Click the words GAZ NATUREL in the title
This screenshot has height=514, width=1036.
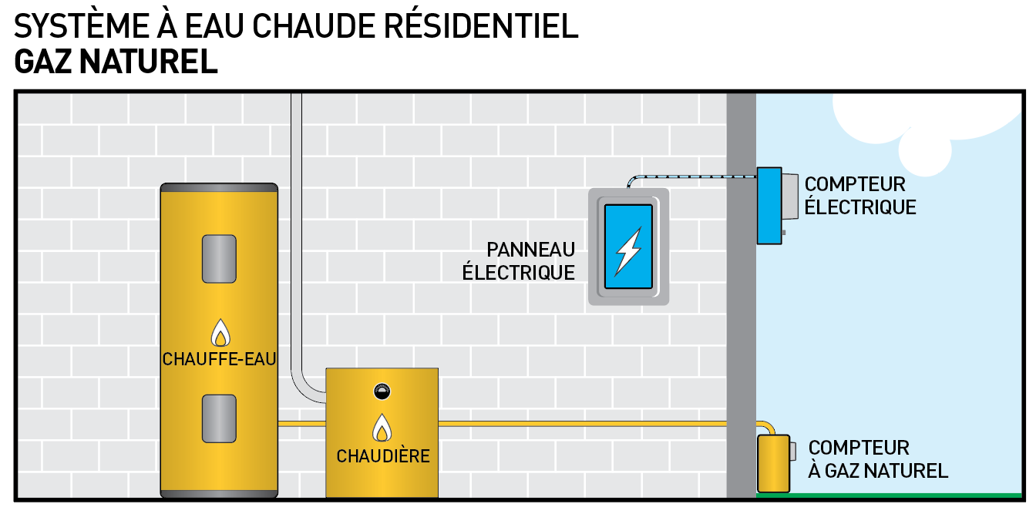(x=116, y=62)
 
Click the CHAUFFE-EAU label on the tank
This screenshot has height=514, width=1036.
(x=219, y=359)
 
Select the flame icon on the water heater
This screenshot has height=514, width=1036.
(x=220, y=334)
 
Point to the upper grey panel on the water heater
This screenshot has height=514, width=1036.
(x=219, y=259)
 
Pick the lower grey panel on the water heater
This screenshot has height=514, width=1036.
(x=219, y=418)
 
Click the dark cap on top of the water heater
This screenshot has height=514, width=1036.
(x=219, y=187)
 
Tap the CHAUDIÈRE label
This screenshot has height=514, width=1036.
(x=382, y=456)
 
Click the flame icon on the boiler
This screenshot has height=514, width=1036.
(x=382, y=428)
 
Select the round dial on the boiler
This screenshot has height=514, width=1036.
(x=382, y=390)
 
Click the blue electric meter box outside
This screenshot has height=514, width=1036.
(x=769, y=206)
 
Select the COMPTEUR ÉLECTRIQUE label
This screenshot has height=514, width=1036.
(x=859, y=196)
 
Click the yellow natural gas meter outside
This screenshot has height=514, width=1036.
(x=773, y=463)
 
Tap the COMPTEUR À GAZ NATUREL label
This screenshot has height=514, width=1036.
(x=877, y=459)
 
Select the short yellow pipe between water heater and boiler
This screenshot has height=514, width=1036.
(x=301, y=423)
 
